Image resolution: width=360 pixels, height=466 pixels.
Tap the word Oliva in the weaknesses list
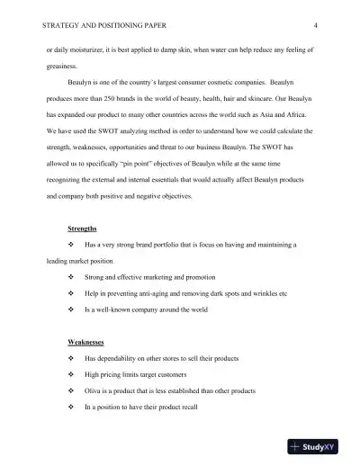[94, 390]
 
